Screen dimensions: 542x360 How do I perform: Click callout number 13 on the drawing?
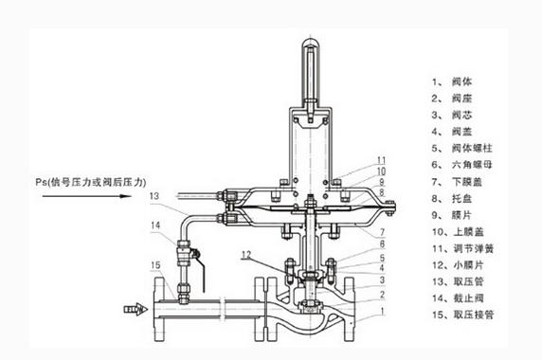[x=154, y=196]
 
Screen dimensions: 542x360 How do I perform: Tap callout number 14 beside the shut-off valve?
[x=155, y=225]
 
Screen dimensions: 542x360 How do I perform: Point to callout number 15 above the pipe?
[x=156, y=265]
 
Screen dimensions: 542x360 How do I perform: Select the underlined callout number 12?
[x=246, y=255]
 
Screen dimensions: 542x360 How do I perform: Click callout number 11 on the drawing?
[x=381, y=161]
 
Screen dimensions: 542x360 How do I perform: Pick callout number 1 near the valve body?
[x=382, y=312]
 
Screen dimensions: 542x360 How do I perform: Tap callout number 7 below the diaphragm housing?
[x=382, y=232]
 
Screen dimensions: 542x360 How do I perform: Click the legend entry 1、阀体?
[x=451, y=81]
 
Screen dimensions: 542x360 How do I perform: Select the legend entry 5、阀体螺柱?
[x=461, y=148]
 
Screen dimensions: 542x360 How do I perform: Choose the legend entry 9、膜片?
[x=451, y=215]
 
